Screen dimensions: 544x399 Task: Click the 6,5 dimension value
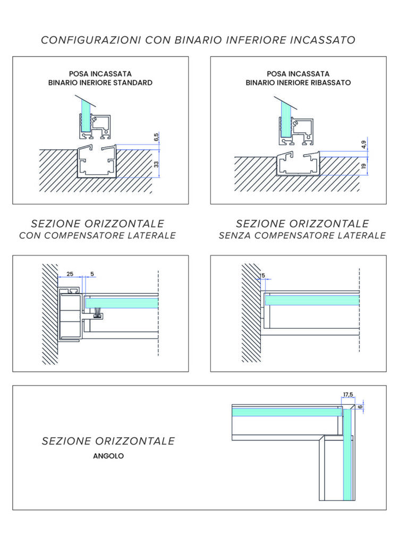(x=156, y=138)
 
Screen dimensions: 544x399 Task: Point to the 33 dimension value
(x=156, y=164)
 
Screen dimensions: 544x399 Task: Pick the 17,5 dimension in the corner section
(x=348, y=395)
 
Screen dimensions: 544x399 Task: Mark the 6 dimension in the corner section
(x=361, y=407)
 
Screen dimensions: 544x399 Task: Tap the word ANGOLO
(x=108, y=456)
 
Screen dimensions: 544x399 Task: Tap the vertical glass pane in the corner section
(x=347, y=457)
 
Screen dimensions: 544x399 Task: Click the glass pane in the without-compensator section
(x=312, y=300)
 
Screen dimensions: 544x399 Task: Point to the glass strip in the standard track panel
(x=84, y=115)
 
